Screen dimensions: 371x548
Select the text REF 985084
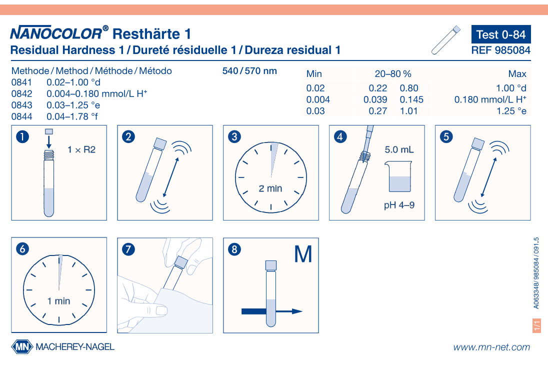pos(500,50)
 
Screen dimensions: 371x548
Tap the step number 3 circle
pos(234,136)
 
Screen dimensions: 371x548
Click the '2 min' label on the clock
pos(270,188)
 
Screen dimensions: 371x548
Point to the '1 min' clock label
pos(59,301)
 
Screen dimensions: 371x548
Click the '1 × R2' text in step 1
pos(81,149)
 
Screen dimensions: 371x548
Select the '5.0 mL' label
pos(399,149)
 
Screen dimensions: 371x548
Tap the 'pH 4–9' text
pos(399,205)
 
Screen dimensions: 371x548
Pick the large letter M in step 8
pos(303,254)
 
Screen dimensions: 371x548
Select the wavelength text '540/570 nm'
pos(249,71)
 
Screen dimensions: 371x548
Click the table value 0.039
pos(375,99)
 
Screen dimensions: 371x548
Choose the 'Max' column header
pos(517,74)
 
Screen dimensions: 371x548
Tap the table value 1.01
pos(408,111)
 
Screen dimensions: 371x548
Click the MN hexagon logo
pos(22,346)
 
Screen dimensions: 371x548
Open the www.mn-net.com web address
pos(491,347)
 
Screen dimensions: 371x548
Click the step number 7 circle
pos(128,249)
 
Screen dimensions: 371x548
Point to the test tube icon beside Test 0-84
pos(445,40)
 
